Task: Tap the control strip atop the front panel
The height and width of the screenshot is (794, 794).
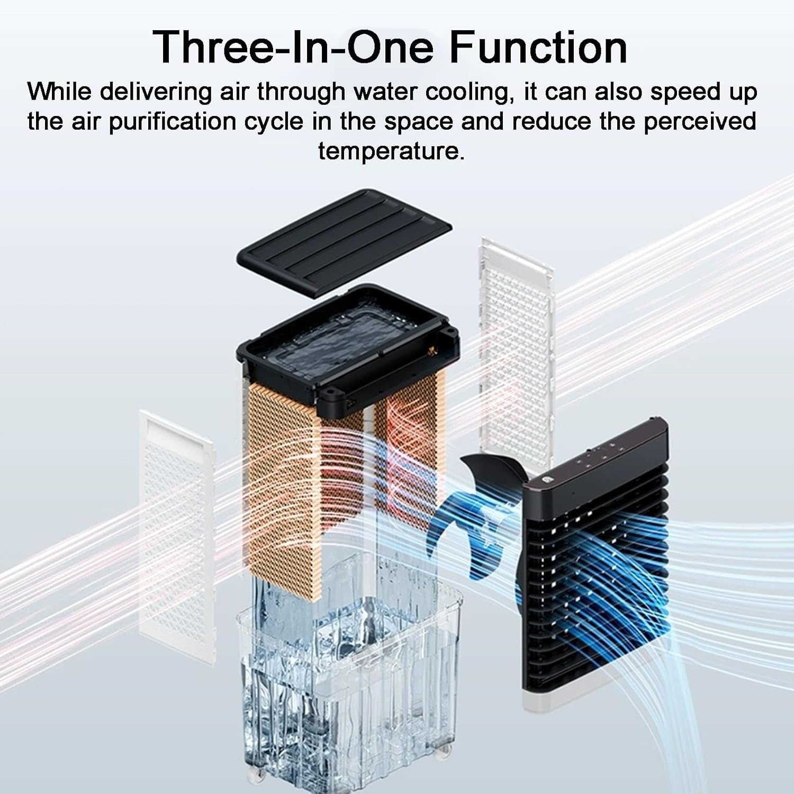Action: tap(595, 455)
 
